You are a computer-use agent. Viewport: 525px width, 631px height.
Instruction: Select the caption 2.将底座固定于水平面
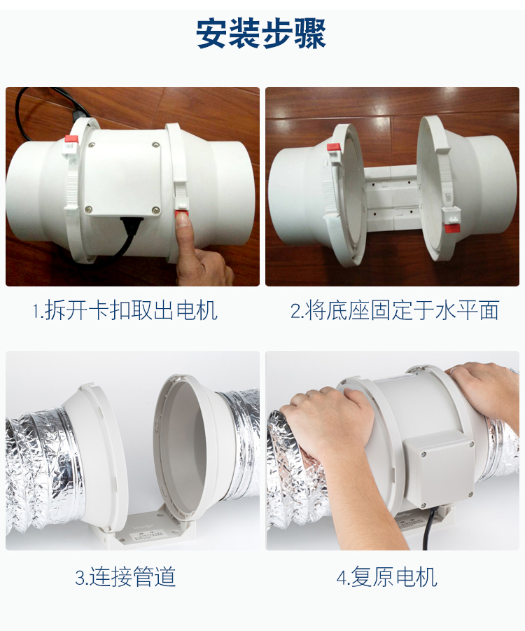click(x=394, y=310)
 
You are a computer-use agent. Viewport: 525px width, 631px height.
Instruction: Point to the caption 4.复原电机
click(x=386, y=577)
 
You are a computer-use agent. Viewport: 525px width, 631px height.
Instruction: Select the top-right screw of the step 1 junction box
click(x=155, y=146)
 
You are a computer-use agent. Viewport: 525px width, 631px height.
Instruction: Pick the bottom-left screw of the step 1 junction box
click(x=88, y=207)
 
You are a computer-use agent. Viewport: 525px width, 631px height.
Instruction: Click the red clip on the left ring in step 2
click(x=333, y=147)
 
